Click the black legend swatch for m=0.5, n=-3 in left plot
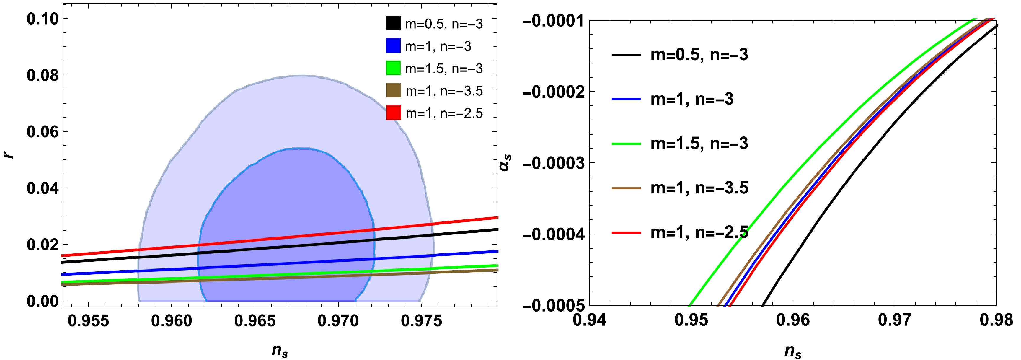393,23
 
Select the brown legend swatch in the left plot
393,90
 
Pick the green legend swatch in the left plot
393,68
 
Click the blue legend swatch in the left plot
393,46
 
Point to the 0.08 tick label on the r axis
43,75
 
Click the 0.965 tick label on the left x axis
255,321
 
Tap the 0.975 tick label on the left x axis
421,321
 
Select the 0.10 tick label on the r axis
43,19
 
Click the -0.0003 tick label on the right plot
553,163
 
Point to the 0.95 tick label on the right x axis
691,320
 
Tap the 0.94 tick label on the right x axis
589,320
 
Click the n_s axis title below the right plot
793,351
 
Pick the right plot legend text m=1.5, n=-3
699,144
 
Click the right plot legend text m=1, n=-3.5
699,188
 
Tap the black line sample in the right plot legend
626,55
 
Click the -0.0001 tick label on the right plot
553,21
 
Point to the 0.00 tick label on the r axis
43,301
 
